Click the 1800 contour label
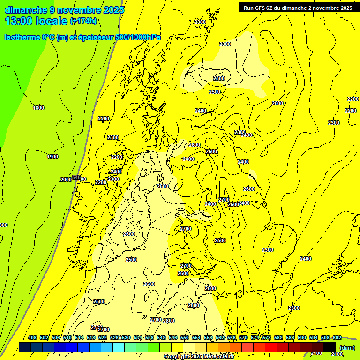pos(38,108)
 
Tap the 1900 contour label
pos(52,157)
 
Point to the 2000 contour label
pos(66,180)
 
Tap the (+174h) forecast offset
pos(83,21)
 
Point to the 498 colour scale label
pos(32,337)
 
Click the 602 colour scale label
pos(337,337)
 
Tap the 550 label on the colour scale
pos(185,337)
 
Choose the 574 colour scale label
pos(255,337)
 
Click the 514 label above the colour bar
pos(79,337)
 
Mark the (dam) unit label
pos(347,347)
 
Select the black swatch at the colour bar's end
pos(330,347)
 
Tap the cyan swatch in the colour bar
pos(119,347)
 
